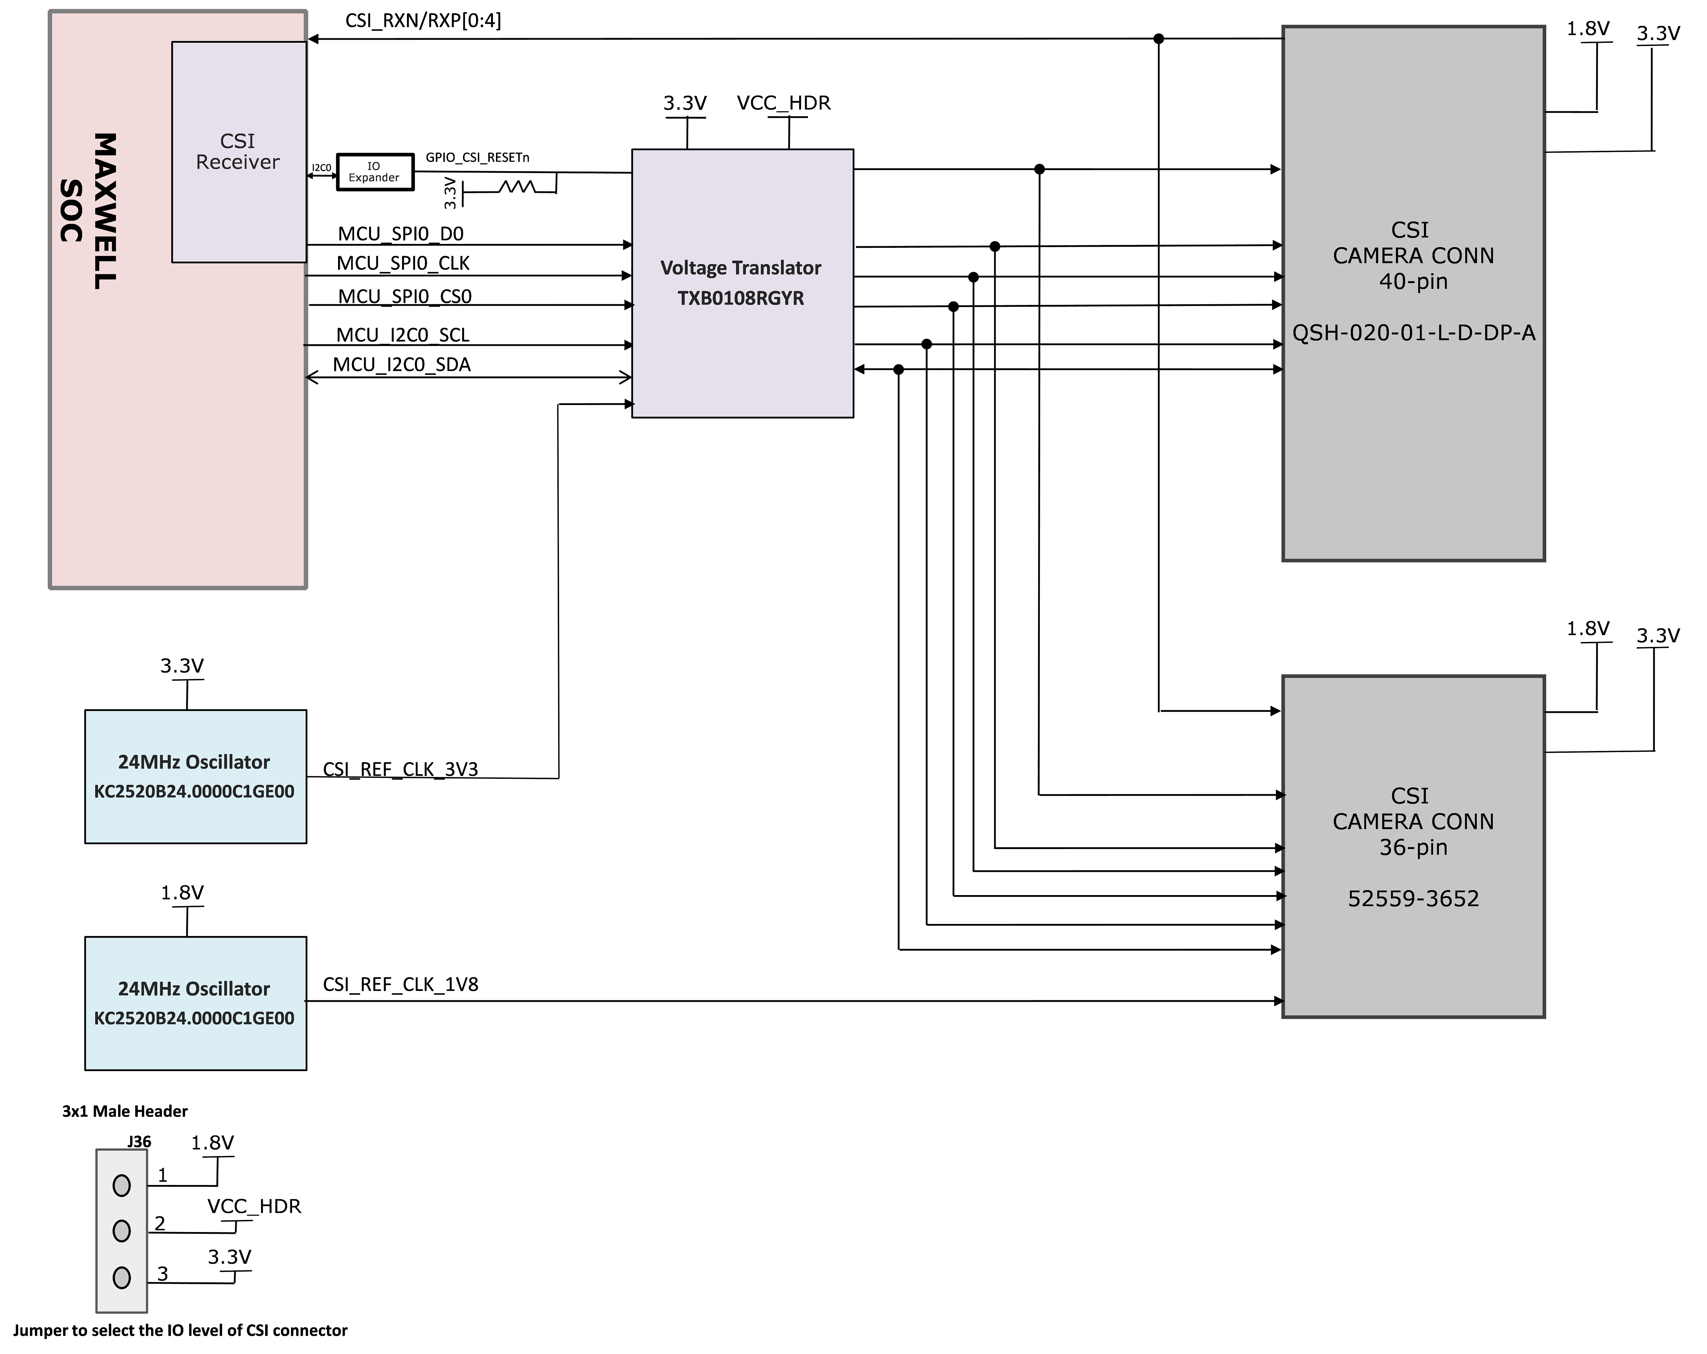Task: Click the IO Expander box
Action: coord(374,172)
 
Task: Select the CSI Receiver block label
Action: coord(237,151)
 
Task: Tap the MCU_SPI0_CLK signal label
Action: coord(403,263)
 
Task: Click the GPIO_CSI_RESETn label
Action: coord(477,158)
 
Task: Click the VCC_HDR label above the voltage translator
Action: coord(783,103)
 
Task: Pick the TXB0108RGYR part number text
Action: coord(740,298)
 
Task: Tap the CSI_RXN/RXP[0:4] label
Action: coord(423,21)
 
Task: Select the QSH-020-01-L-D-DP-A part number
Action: coord(1413,333)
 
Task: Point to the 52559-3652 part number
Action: coord(1413,899)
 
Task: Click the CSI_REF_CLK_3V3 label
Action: coord(400,770)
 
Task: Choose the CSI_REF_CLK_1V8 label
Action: coord(400,984)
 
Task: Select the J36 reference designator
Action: coord(139,1142)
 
